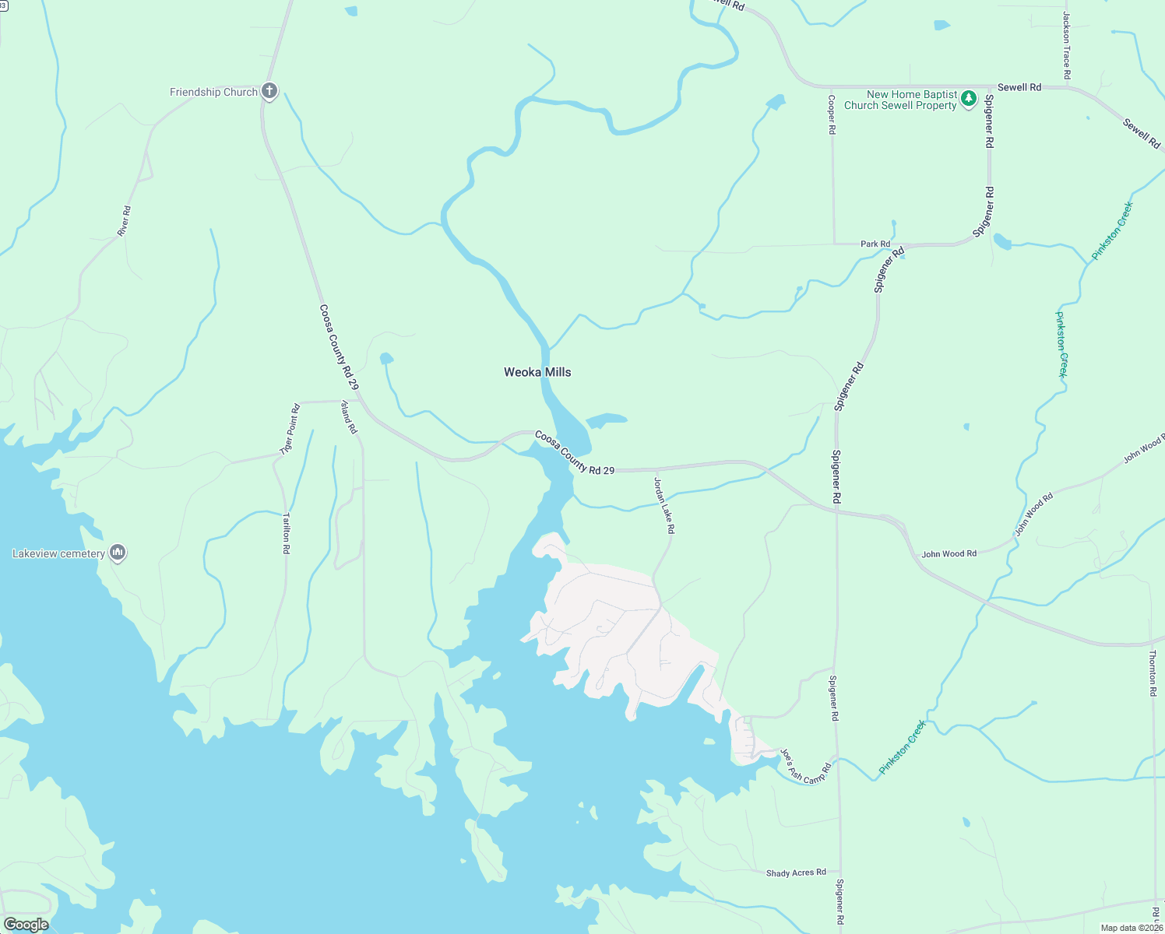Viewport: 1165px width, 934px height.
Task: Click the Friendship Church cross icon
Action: [269, 92]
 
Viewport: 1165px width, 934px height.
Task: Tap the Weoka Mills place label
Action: [537, 372]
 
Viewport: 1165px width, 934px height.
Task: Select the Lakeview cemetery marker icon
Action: [118, 553]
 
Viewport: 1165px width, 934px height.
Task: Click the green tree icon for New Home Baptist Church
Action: [968, 99]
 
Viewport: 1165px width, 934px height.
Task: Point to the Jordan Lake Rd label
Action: [663, 505]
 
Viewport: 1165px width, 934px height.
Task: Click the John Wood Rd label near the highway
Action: [949, 554]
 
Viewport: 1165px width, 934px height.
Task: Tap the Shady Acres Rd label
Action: [796, 873]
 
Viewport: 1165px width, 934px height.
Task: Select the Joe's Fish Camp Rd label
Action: [805, 767]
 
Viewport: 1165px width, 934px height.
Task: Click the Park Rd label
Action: [875, 244]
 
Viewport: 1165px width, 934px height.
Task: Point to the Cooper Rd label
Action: [832, 115]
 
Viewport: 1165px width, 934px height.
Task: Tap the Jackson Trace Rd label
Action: [1067, 45]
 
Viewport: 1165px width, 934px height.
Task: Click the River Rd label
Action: [124, 221]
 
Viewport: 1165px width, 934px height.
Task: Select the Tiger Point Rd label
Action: [290, 429]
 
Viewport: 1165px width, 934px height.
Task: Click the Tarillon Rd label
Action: [287, 532]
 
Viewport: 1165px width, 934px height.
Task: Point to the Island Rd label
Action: [349, 416]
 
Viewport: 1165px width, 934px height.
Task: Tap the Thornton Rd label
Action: [1153, 668]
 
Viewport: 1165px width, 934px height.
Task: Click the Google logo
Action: [26, 925]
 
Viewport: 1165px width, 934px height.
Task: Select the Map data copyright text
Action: [1131, 928]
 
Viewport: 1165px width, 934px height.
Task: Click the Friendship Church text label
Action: [213, 92]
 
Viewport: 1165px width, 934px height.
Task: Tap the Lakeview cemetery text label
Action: [58, 553]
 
